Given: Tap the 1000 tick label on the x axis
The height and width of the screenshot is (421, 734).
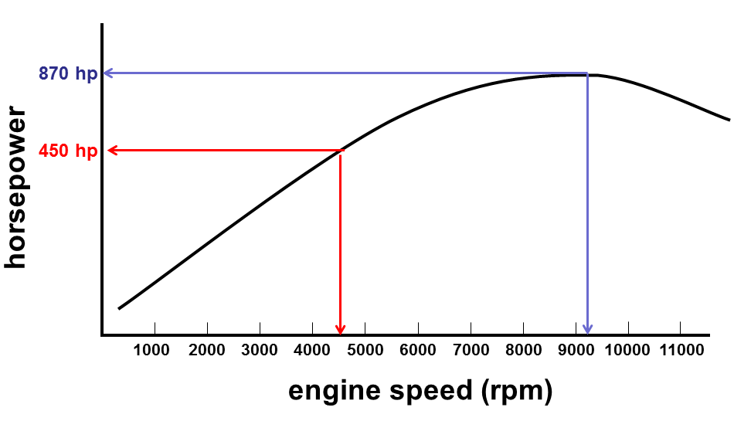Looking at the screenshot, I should coord(152,350).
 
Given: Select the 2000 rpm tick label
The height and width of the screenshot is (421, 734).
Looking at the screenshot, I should coord(206,350).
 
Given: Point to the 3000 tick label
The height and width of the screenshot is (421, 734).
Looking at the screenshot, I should coord(260,350).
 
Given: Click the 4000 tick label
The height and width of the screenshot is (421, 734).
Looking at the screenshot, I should coord(312,350).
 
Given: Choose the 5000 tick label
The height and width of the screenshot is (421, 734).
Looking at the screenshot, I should coord(365,350).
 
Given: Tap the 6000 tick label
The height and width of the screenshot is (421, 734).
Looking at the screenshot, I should coord(418,350).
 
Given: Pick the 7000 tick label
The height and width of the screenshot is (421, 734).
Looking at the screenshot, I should coord(471,350).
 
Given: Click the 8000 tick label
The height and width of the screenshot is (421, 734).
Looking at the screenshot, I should coord(524,350).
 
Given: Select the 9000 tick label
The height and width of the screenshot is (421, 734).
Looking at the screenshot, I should coord(576,350).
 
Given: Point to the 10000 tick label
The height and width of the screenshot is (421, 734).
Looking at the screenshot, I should coord(627,350).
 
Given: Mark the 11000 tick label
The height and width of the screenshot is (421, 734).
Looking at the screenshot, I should coord(680,350).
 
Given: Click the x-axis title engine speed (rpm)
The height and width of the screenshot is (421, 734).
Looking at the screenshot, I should coord(420,391).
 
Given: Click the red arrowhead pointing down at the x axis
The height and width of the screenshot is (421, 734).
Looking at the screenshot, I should coord(340,329).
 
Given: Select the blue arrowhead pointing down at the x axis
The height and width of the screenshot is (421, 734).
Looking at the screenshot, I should coord(588,329).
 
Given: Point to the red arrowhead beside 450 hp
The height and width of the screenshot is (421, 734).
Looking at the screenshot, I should coord(113,151).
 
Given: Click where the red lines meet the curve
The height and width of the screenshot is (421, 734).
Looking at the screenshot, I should coord(341,151).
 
